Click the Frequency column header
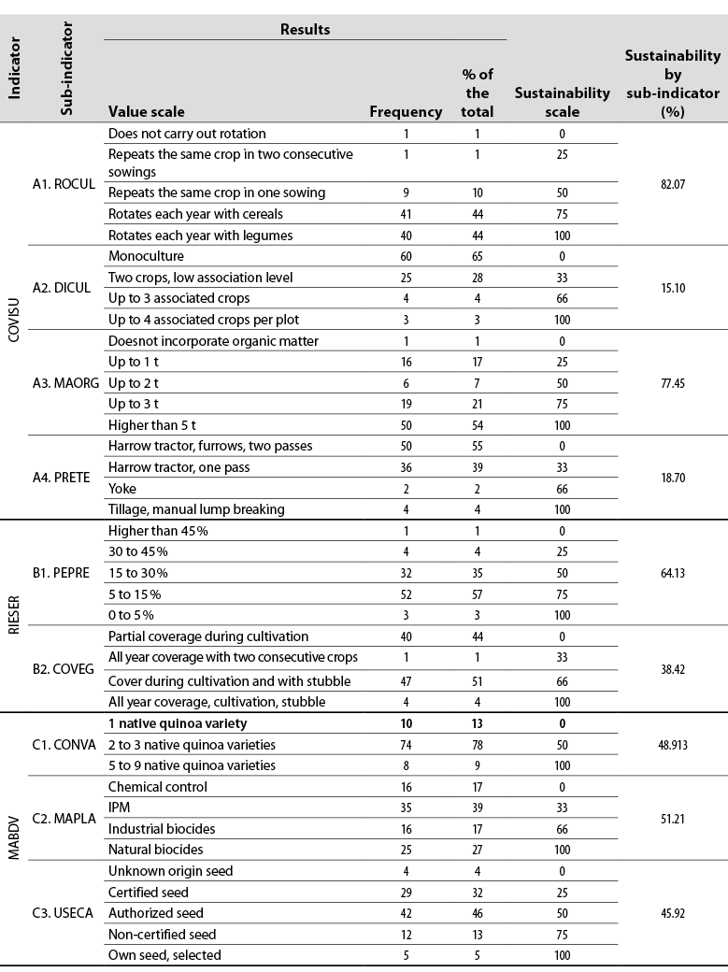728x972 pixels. click(x=406, y=112)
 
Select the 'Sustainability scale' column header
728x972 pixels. click(x=562, y=102)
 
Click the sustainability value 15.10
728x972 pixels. click(x=673, y=288)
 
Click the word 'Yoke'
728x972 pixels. click(x=122, y=488)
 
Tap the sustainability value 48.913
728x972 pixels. click(x=673, y=745)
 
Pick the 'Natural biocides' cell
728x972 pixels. click(x=155, y=849)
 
